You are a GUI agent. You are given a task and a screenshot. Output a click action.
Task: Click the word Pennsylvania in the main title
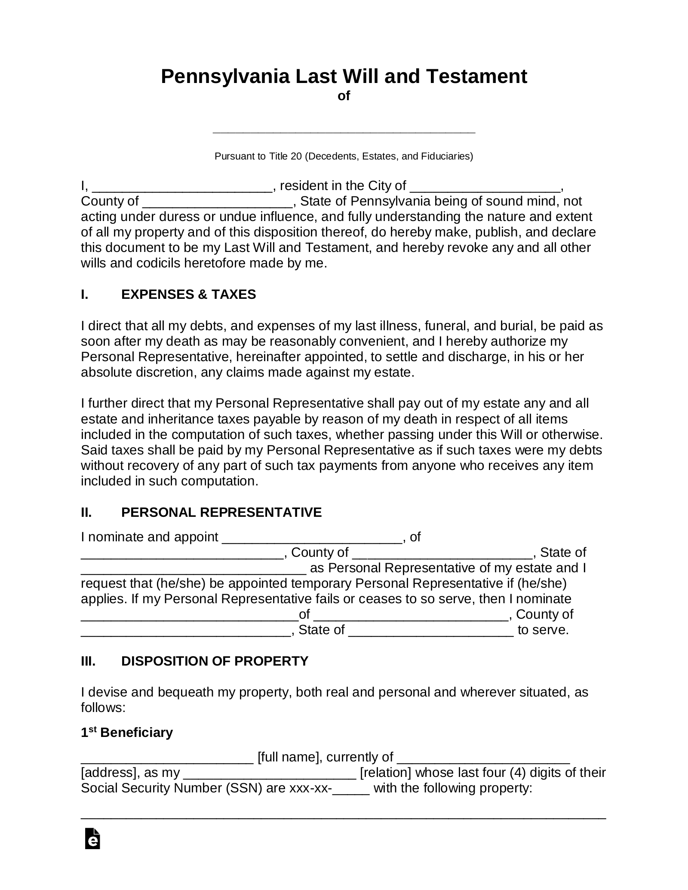pos(225,77)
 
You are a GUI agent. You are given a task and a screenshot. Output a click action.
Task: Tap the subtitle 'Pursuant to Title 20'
pos(344,156)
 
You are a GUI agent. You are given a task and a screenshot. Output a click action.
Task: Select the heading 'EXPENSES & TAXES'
pos(188,295)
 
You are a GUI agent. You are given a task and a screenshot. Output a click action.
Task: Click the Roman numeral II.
pos(86,513)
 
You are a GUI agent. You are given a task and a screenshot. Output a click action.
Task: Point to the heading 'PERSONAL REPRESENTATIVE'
pos(221,513)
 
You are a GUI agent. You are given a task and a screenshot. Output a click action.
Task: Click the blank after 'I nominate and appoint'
pos(312,538)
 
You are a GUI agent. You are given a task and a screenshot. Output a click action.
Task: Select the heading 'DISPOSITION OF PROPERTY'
pos(215,661)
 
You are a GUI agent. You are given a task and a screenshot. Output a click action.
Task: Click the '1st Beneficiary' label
pos(126,733)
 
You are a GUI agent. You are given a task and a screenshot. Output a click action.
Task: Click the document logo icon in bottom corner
pos(92,850)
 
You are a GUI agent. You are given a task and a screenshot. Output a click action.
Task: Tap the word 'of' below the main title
pos(344,96)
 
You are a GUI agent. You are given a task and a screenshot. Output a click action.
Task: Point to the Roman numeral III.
pos(88,661)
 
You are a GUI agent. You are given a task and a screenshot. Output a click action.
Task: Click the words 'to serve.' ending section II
pos(543,630)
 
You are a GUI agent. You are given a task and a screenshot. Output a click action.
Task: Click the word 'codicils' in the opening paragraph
pos(158,263)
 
